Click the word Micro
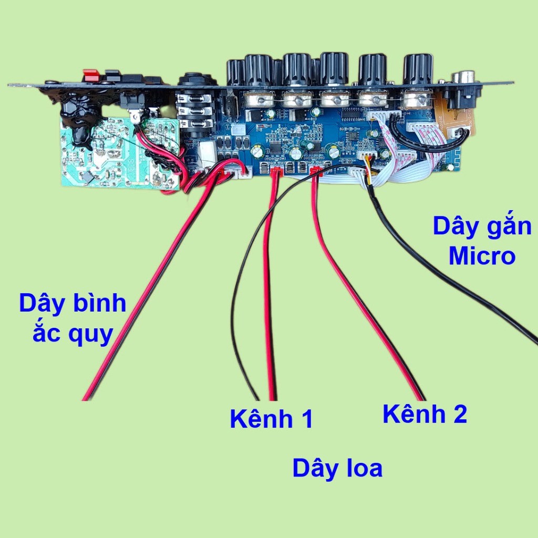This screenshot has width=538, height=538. tap(481, 256)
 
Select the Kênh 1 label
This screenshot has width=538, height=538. tap(271, 419)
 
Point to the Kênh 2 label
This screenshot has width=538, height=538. tap(425, 415)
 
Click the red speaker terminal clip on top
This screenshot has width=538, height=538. tap(91, 76)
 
